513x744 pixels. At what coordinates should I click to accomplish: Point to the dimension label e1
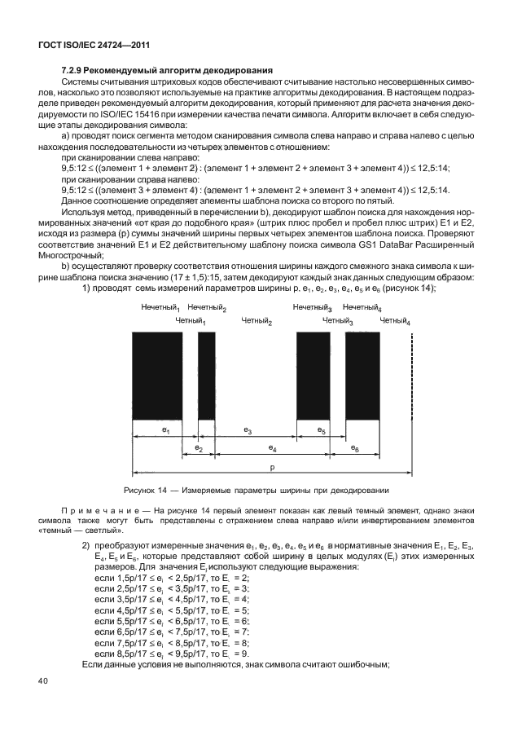(165, 429)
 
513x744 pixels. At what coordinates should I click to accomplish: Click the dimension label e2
(199, 448)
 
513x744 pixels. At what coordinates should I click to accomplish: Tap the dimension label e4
(272, 448)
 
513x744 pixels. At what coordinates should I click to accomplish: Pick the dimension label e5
(322, 429)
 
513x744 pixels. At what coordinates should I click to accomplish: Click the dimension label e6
(355, 448)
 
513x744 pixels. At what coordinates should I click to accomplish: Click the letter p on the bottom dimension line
(272, 468)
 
